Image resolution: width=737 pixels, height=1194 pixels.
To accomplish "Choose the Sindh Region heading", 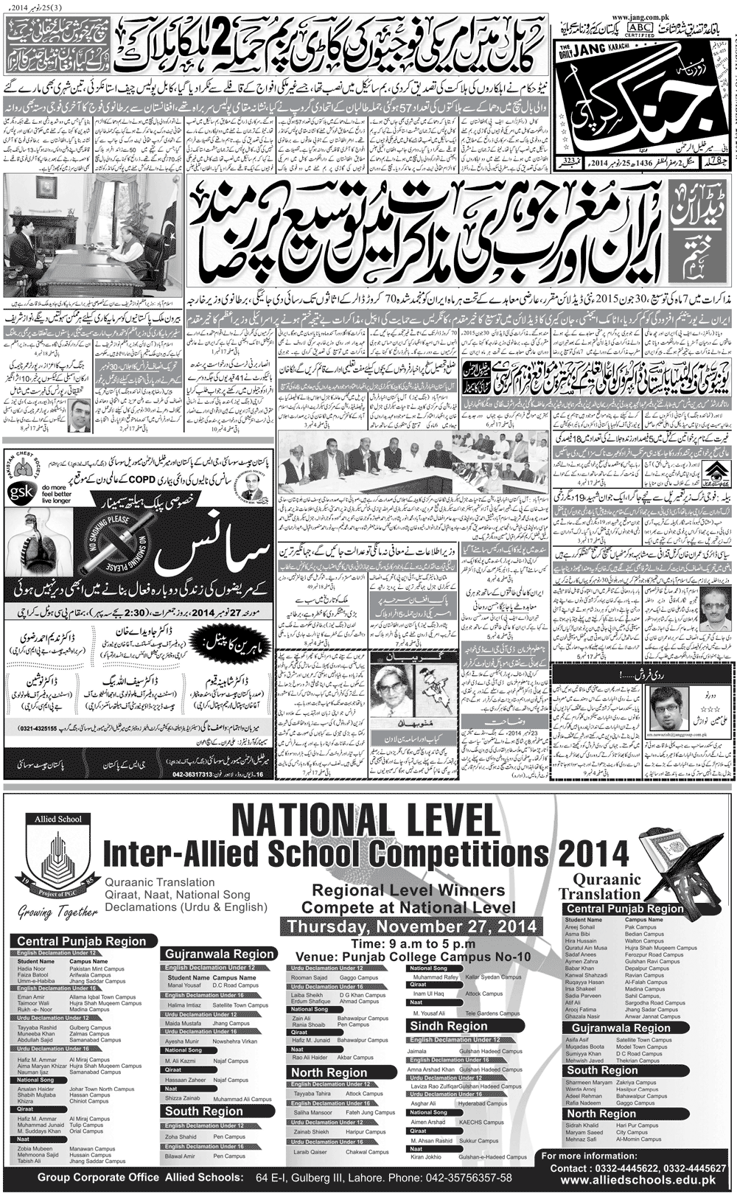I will coord(448,1026).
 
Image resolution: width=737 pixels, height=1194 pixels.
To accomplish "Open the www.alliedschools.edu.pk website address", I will coord(638,1180).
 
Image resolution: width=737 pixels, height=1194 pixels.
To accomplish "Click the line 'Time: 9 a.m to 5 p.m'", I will coord(413,943).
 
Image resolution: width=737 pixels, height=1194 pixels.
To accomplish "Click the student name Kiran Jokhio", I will coord(427,1157).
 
